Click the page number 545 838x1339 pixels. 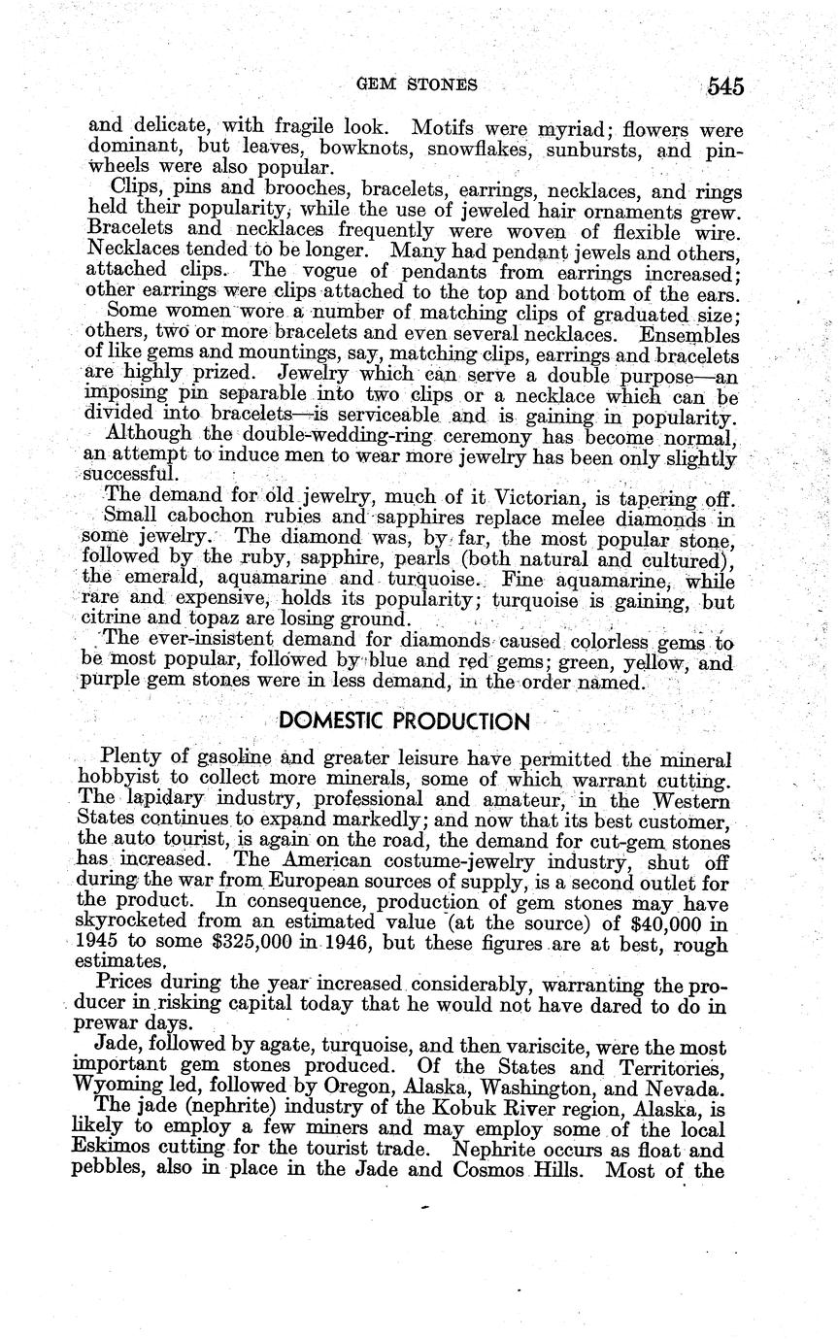(725, 86)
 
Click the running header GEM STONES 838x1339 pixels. (418, 84)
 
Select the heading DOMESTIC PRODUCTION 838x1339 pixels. (405, 721)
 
